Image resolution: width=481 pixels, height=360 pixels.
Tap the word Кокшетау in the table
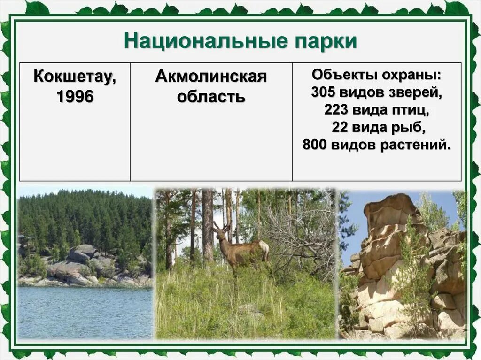pos(75,77)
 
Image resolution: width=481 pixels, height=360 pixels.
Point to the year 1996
pos(75,97)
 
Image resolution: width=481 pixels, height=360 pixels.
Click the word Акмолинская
pos(211,77)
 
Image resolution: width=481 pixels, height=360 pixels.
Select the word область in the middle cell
pos(211,97)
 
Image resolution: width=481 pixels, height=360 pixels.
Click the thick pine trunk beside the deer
pos(207,225)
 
